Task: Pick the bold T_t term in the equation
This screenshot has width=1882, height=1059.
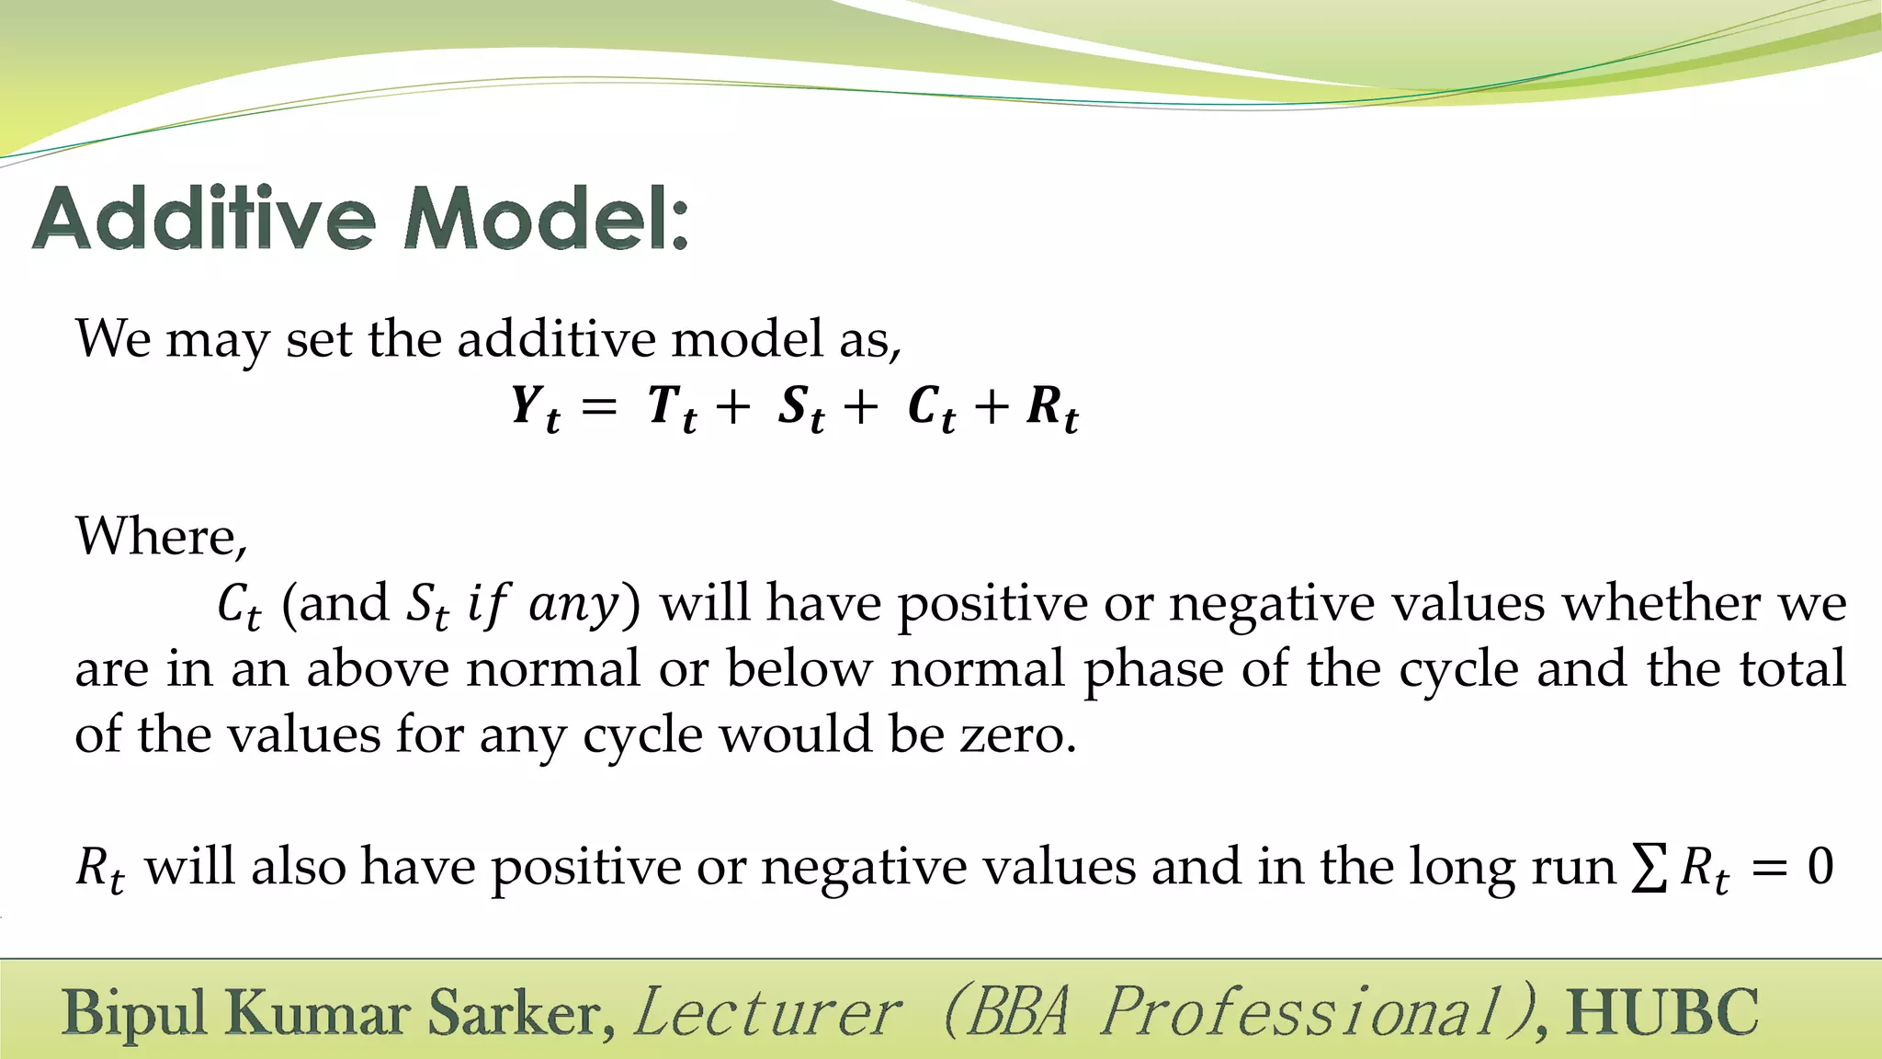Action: click(x=672, y=407)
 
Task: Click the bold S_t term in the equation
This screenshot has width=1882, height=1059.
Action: click(x=800, y=407)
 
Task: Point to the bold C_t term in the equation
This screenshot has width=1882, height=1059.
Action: click(x=931, y=407)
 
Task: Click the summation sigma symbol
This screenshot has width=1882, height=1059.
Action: click(x=1649, y=868)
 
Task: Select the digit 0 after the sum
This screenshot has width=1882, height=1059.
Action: click(x=1820, y=867)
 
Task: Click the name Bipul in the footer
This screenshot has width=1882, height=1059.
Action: click(x=135, y=1014)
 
